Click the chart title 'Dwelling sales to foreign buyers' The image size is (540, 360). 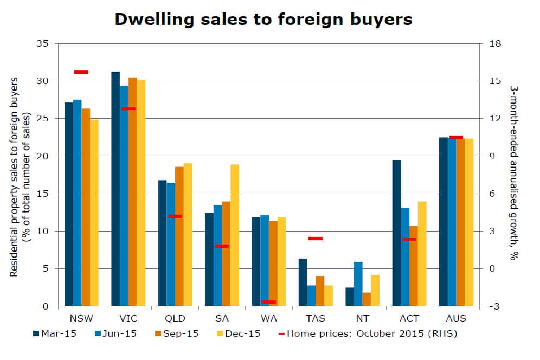coord(263,20)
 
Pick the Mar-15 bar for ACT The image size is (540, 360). coord(396,233)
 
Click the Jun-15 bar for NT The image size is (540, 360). coord(358,284)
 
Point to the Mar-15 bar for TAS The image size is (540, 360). coord(303,282)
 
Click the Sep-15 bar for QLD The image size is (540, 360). coord(179,236)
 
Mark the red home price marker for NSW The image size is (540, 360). coord(81,72)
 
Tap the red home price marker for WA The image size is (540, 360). coord(268,302)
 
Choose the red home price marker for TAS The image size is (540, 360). coord(316,239)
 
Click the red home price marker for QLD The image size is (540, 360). coord(175,216)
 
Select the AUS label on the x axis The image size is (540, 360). coord(455,318)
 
